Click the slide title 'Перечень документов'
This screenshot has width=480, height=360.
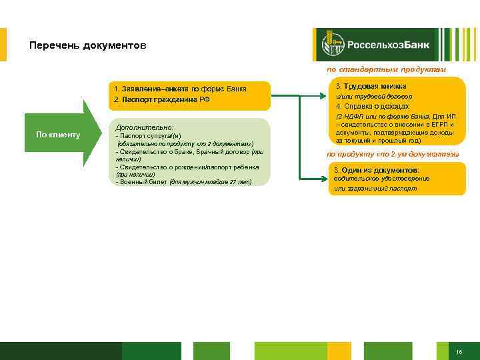click(x=87, y=46)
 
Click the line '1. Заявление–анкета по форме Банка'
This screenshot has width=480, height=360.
click(x=180, y=89)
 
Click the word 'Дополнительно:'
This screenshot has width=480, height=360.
click(x=145, y=127)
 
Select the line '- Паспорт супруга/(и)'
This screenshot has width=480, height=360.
click(x=148, y=135)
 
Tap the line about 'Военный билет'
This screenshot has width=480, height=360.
click(x=183, y=181)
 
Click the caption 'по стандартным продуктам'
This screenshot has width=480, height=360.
click(x=386, y=69)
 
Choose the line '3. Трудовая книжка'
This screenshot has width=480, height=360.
click(x=371, y=87)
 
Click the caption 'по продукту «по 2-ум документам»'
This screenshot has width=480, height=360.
click(x=393, y=154)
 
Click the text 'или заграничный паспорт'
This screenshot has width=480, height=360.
click(x=375, y=189)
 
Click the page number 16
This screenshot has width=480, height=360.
click(x=459, y=351)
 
